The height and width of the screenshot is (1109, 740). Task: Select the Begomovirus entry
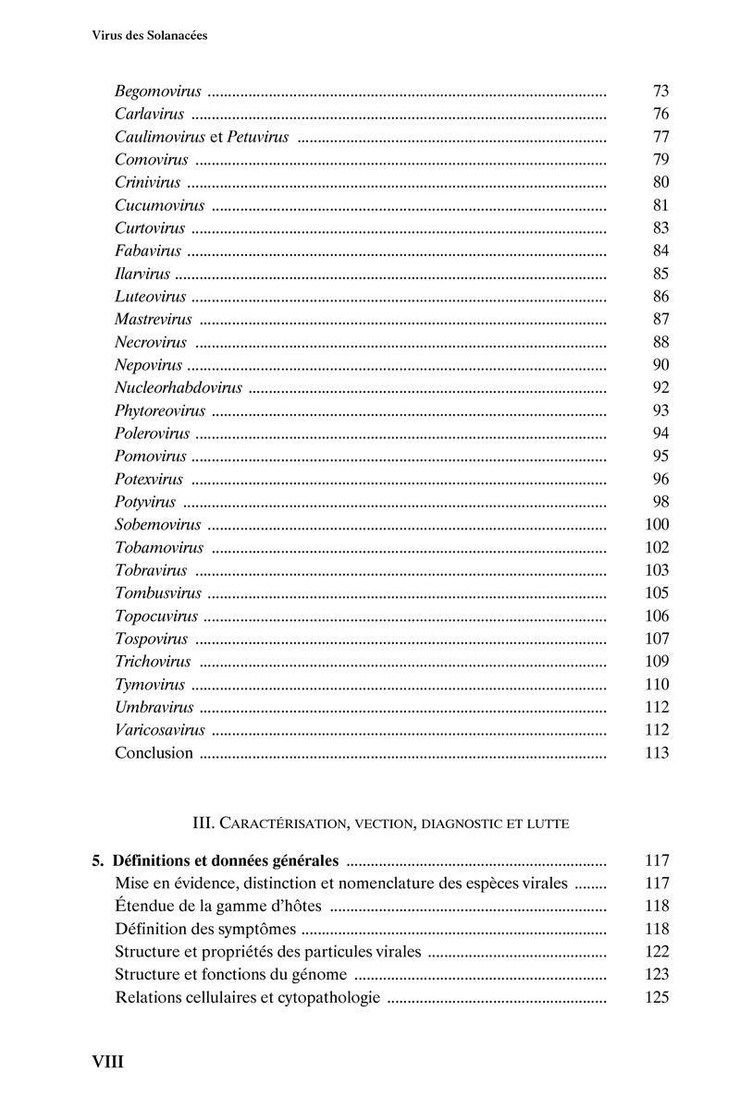158,91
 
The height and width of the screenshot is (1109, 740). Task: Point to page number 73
660,91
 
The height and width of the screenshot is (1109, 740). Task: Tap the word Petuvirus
258,137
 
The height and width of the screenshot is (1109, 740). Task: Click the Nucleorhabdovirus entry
179,387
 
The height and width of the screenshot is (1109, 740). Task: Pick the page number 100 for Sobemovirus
656,525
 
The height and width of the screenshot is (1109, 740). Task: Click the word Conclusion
154,752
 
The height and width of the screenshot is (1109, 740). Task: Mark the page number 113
656,752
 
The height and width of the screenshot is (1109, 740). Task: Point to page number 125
656,997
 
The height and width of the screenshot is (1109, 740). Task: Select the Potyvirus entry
145,502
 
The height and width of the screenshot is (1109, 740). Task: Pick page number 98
660,502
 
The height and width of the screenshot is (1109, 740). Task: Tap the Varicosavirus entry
160,730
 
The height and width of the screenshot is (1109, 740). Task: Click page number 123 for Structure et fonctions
656,974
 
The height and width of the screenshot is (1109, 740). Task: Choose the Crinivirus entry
148,182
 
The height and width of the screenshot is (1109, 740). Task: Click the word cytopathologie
326,997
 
